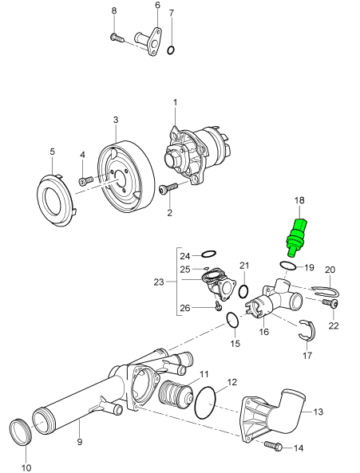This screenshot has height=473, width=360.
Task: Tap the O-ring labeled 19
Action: point(288,266)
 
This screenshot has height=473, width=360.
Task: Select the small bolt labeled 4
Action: point(86,181)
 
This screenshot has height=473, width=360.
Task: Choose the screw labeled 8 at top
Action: point(117,37)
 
